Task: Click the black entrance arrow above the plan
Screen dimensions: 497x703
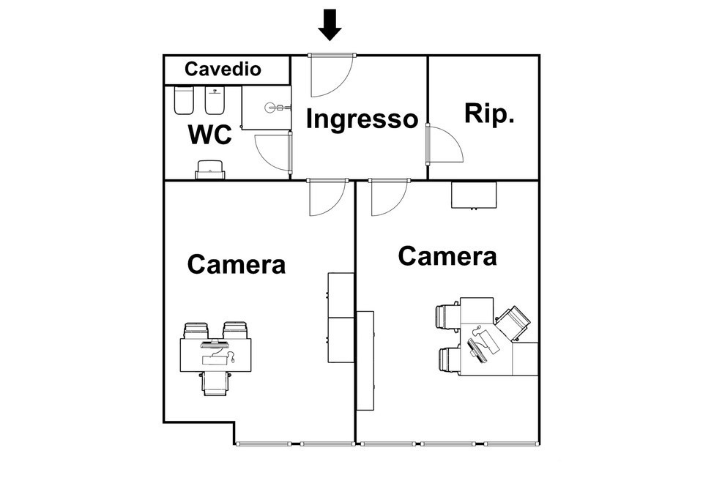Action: click(331, 24)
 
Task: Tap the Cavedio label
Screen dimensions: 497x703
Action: click(223, 70)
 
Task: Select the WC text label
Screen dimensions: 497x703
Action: click(210, 135)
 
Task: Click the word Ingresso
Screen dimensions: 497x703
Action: click(361, 119)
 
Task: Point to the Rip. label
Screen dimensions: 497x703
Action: click(489, 113)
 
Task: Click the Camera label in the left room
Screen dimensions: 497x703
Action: click(236, 264)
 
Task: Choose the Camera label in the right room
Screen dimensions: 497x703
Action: click(447, 257)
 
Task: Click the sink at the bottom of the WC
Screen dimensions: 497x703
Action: click(211, 169)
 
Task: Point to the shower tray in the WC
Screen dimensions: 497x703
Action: click(267, 108)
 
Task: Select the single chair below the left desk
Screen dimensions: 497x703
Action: click(215, 382)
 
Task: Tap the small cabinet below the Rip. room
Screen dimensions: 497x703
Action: click(474, 195)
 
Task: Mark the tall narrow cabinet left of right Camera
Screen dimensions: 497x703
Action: click(365, 360)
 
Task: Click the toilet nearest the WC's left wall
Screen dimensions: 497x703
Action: click(184, 100)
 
